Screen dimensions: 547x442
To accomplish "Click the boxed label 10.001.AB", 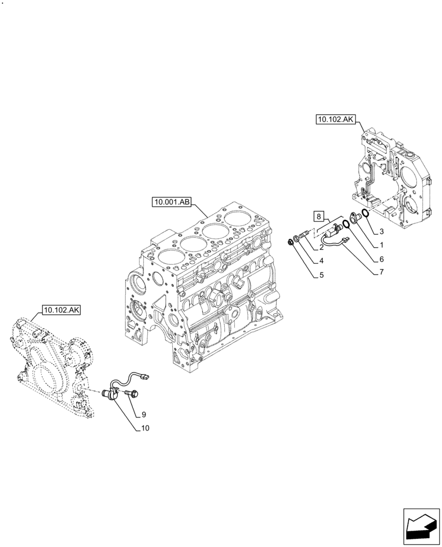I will click(x=172, y=202).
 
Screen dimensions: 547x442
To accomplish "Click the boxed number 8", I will click(x=319, y=216).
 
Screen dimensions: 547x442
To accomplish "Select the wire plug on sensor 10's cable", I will click(x=146, y=375).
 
